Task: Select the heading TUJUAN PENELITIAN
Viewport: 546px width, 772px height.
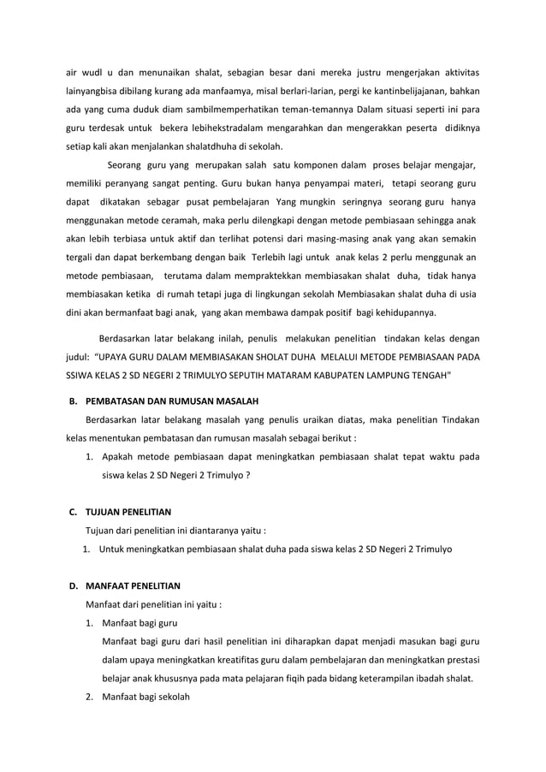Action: point(128,512)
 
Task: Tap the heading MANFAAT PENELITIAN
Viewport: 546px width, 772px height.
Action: point(132,586)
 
